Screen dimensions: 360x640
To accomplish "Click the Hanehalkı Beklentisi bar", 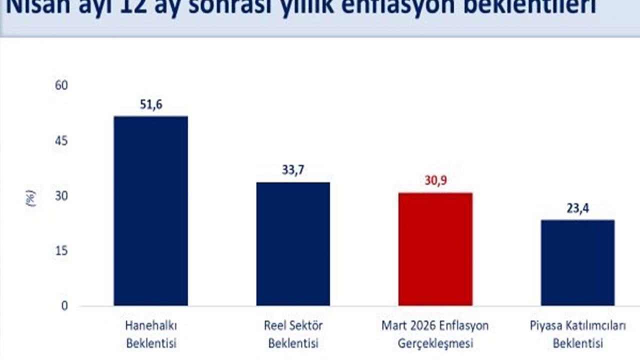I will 150,210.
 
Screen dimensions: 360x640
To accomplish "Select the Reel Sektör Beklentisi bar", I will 293,243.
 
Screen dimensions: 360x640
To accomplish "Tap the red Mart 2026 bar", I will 435,249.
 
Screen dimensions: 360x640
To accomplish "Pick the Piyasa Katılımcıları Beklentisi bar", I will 577,262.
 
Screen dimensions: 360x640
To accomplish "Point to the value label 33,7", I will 293,170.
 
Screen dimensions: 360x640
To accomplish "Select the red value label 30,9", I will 435,180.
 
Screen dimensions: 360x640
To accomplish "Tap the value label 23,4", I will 577,208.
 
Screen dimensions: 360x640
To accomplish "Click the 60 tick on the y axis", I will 61,86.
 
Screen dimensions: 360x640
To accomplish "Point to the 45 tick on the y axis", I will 61,141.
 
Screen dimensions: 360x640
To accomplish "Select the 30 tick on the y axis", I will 61,196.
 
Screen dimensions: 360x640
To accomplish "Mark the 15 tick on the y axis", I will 61,251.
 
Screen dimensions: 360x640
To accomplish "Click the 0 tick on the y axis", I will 64,305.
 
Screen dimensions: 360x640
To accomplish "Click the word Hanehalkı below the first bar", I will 151,326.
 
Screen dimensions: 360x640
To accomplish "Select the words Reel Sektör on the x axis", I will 293,326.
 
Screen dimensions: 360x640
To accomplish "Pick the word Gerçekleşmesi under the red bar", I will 435,344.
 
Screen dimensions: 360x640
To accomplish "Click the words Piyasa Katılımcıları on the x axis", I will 577,326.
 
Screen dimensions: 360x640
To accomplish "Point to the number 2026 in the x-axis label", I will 421,326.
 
